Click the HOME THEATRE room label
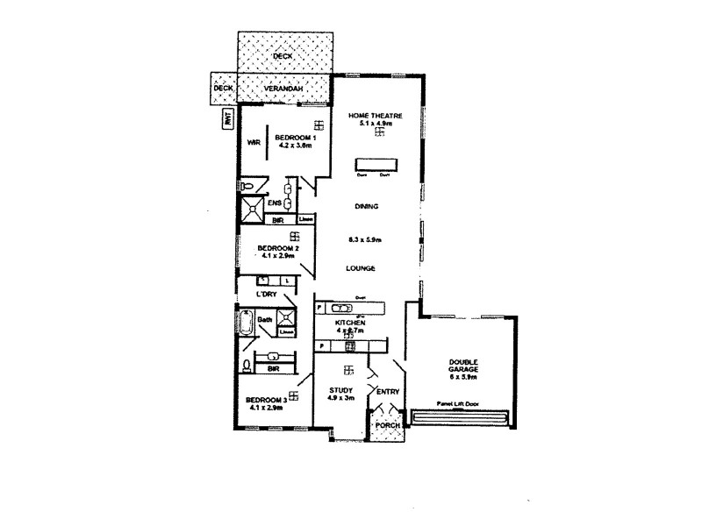(375, 116)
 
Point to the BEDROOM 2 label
(279, 248)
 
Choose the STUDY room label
(340, 390)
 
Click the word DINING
(367, 207)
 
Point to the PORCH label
(387, 425)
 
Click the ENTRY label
(387, 391)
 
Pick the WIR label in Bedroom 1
(254, 142)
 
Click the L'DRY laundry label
(267, 295)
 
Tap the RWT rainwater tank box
(226, 120)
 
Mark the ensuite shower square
(253, 208)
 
